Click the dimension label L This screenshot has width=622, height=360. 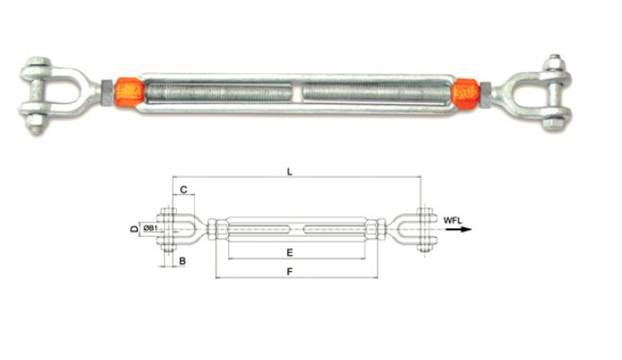tap(290, 171)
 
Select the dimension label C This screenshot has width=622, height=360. tap(184, 189)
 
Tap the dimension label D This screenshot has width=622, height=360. tap(134, 228)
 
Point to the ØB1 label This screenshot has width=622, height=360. tap(151, 227)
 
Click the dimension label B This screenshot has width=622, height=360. tap(183, 261)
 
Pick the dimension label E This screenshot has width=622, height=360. tap(290, 252)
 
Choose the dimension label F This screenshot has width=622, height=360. tap(290, 272)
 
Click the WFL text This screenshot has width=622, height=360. tap(453, 221)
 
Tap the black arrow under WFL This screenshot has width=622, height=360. tap(461, 229)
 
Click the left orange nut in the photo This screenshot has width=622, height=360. tap(129, 93)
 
